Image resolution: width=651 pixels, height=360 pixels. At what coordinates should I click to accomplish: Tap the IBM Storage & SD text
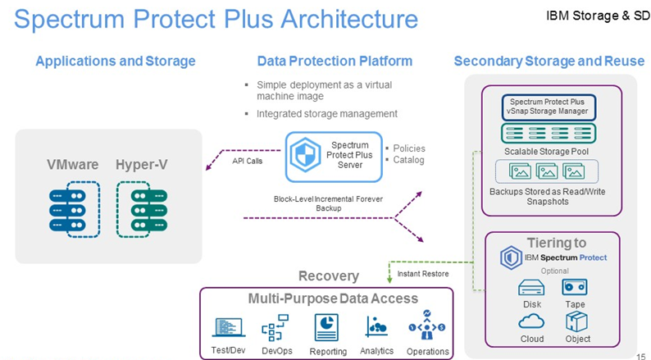click(597, 16)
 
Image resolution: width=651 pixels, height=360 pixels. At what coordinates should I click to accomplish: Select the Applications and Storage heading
click(116, 62)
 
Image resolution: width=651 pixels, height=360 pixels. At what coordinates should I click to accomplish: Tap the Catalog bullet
click(408, 160)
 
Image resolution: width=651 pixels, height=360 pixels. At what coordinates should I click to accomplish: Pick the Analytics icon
click(377, 326)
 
